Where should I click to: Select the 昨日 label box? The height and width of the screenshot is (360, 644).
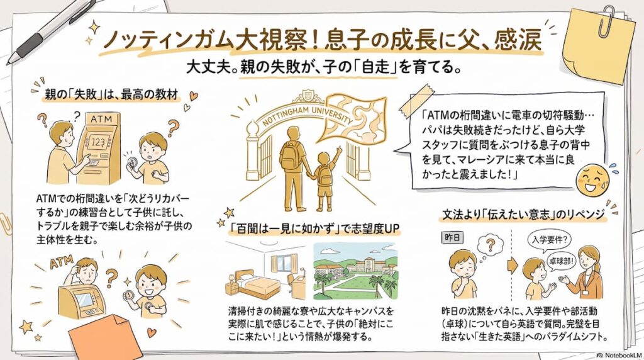(452, 237)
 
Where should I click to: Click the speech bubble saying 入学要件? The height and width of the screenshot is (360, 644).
(548, 240)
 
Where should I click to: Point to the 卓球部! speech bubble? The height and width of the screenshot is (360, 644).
(562, 260)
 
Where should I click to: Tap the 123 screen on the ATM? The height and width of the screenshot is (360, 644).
(97, 142)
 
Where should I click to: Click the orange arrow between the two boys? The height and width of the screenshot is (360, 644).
(513, 266)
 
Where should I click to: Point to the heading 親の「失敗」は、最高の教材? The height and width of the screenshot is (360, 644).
(112, 95)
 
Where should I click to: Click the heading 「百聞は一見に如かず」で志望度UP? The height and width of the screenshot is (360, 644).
(314, 228)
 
